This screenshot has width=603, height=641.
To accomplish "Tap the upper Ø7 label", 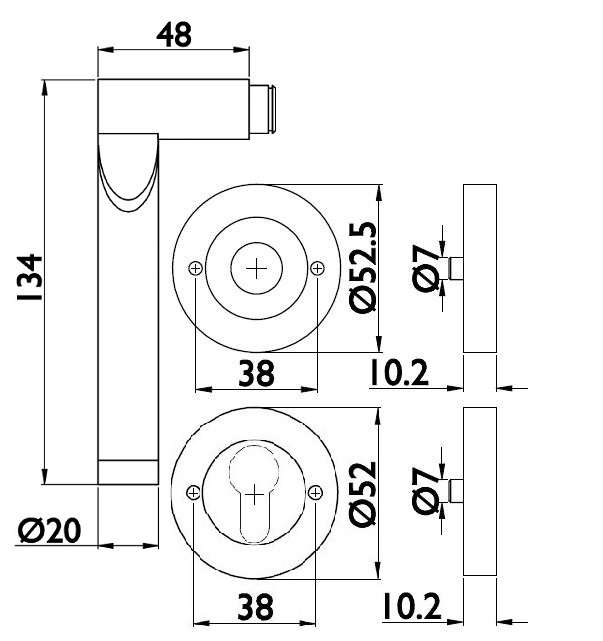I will [426, 268].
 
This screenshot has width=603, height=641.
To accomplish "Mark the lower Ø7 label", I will [426, 491].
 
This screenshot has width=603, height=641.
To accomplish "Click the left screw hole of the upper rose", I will [195, 267].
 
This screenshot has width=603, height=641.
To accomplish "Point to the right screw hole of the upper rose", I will [318, 267].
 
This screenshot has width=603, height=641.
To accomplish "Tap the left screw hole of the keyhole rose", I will [194, 491].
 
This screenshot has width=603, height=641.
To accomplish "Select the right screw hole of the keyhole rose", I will [316, 491].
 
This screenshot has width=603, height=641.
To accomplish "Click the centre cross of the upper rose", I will [257, 268].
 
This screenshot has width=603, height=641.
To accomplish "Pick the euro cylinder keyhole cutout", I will [256, 490].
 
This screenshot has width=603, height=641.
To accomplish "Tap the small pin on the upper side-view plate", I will [456, 268].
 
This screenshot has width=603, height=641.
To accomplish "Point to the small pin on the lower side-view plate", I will [456, 491].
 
